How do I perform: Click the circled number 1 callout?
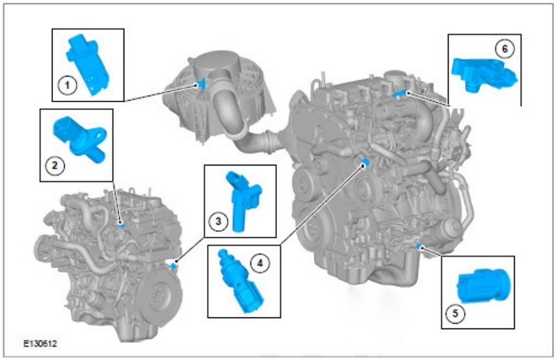tap(67, 86)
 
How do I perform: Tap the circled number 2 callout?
tap(55, 165)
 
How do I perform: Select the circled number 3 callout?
tap(218, 221)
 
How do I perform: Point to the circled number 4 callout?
tap(260, 264)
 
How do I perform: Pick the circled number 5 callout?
tap(455, 314)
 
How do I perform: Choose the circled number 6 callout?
tap(504, 49)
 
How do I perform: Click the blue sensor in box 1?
tap(87, 64)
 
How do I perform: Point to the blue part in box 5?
tap(483, 285)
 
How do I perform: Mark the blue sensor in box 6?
tap(483, 75)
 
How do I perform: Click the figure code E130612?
tap(40, 344)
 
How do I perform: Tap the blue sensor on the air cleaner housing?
tap(202, 84)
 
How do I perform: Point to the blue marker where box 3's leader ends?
tap(174, 265)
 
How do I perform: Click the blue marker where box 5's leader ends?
tap(419, 246)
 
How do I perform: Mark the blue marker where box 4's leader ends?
tap(365, 163)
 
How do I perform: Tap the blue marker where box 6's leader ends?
tap(400, 93)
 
